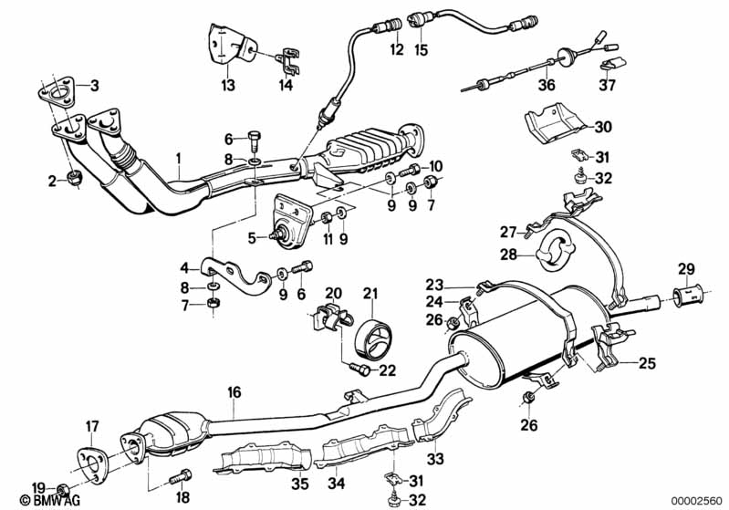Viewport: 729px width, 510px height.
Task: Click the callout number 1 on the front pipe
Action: pos(178,159)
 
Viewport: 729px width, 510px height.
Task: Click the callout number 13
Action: pos(228,85)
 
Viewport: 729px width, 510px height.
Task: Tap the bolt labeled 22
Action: pos(359,369)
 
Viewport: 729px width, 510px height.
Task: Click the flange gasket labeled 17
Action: pos(91,466)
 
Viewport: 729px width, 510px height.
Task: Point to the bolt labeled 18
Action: pos(181,476)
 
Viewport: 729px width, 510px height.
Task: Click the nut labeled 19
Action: pos(63,490)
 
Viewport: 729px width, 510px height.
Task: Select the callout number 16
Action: pos(234,392)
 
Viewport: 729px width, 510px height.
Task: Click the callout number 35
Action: pos(300,484)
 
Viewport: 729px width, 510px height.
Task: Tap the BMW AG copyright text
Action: pos(50,500)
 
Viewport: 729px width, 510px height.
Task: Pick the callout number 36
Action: pos(547,85)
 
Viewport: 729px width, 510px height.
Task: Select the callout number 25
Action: pos(647,362)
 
